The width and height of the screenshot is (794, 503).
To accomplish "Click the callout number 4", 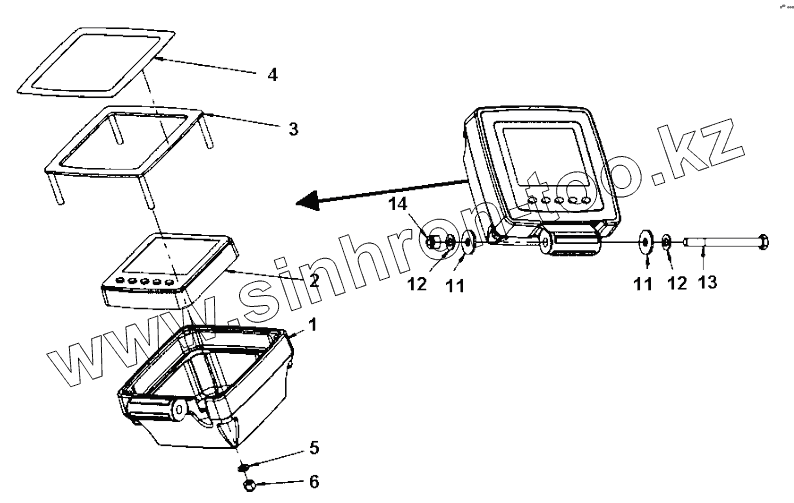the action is click(x=272, y=75).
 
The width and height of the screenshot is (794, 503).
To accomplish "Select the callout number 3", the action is click(x=293, y=129).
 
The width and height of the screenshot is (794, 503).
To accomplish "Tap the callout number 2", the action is click(x=314, y=281).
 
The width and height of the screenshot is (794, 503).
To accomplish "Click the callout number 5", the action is click(x=313, y=448).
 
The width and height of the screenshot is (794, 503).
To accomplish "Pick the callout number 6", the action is click(x=313, y=482).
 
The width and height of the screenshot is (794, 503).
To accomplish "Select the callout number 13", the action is click(x=706, y=283).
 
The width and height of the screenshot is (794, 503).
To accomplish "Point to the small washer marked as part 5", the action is click(x=243, y=466).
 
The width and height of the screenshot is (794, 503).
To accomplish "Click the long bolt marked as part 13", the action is click(x=725, y=241).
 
